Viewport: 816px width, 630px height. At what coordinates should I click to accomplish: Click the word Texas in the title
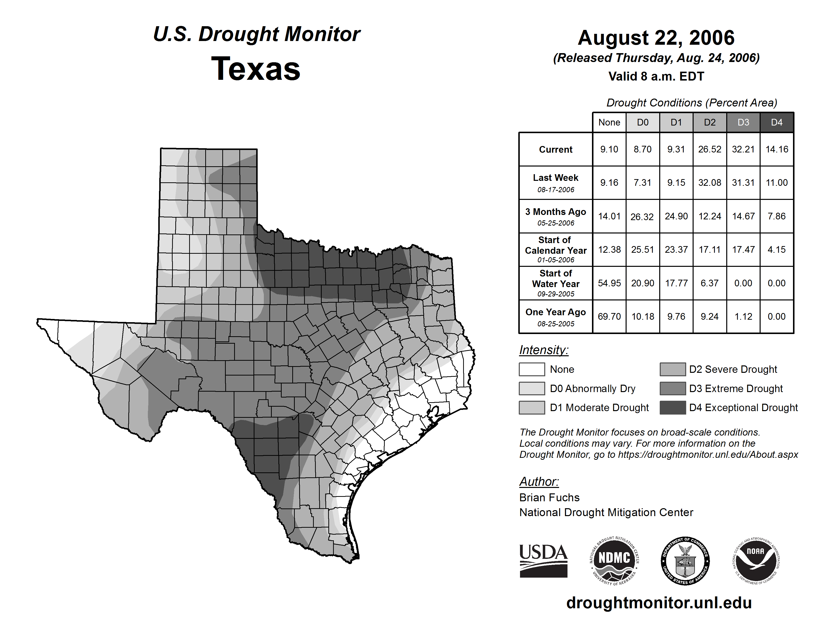(x=256, y=69)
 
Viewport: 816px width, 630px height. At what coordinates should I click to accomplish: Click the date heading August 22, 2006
(x=656, y=38)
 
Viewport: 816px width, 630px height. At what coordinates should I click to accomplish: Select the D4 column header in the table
(x=776, y=122)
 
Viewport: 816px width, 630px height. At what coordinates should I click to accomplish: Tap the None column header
(x=609, y=122)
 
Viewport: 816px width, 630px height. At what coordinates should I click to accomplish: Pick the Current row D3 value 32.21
(x=743, y=149)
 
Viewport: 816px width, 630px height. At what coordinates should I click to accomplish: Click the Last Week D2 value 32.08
(x=709, y=183)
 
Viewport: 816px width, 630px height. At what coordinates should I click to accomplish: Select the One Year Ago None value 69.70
(x=609, y=316)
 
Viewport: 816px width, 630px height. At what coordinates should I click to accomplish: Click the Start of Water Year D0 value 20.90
(x=643, y=283)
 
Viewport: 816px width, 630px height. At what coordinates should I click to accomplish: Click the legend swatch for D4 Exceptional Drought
(x=673, y=408)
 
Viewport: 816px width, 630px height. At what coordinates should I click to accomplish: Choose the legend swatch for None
(x=532, y=369)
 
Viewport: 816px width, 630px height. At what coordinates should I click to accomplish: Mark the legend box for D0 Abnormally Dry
(x=532, y=388)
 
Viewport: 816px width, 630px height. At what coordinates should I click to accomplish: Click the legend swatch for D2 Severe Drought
(x=673, y=369)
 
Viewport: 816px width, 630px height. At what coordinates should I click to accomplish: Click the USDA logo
(x=543, y=561)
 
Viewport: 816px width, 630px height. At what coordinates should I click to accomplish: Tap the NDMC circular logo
(x=614, y=561)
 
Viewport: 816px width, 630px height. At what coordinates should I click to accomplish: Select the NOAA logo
(x=755, y=561)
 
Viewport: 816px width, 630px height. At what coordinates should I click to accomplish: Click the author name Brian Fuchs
(x=549, y=498)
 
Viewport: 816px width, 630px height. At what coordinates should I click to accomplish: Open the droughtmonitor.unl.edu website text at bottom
(x=659, y=603)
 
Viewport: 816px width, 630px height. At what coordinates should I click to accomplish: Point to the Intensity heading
(x=544, y=350)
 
